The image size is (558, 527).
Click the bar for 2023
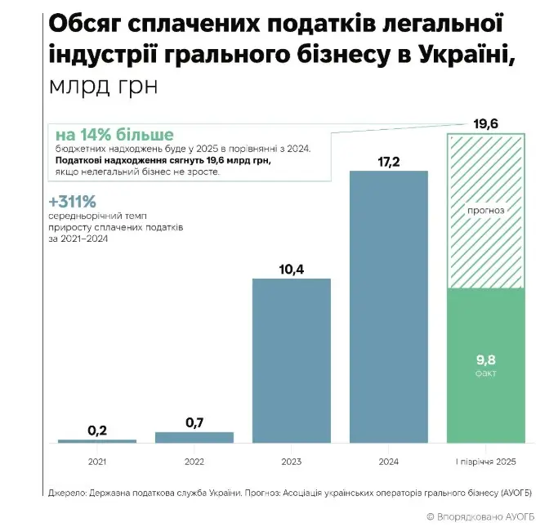click(292, 360)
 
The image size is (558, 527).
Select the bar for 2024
click(389, 306)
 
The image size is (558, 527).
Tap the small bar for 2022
click(194, 437)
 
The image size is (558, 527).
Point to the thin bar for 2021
click(97, 441)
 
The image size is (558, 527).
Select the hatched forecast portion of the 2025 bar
click(486, 245)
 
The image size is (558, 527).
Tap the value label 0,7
click(194, 422)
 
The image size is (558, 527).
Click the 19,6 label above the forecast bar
click(486, 123)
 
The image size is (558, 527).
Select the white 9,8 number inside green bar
click(486, 358)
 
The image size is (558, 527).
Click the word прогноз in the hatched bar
click(486, 209)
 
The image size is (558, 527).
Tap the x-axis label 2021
click(97, 462)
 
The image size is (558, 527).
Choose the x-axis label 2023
click(292, 462)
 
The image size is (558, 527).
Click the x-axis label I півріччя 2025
click(486, 462)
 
